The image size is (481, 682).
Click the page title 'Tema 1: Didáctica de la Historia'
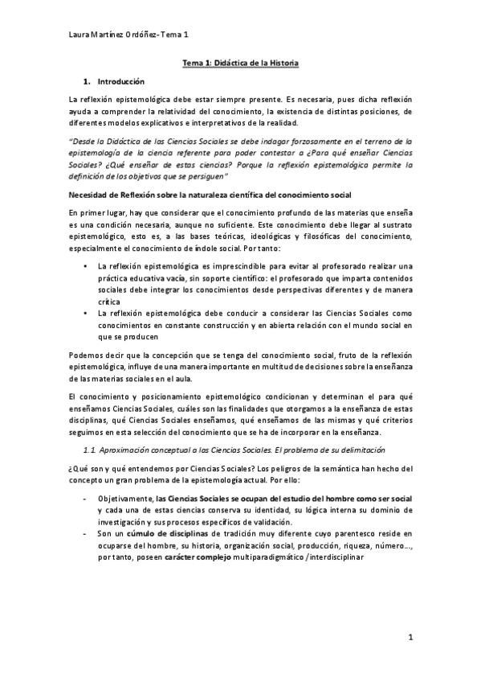coord(240,62)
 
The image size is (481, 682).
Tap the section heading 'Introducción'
coord(120,82)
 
